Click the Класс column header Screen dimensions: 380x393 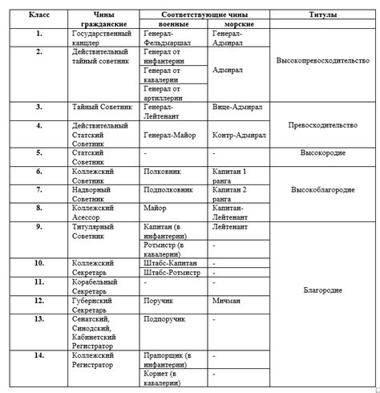click(x=38, y=15)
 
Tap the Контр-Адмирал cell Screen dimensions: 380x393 click(x=243, y=136)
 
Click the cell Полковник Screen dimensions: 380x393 click(x=161, y=172)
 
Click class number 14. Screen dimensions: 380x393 click(x=38, y=354)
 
